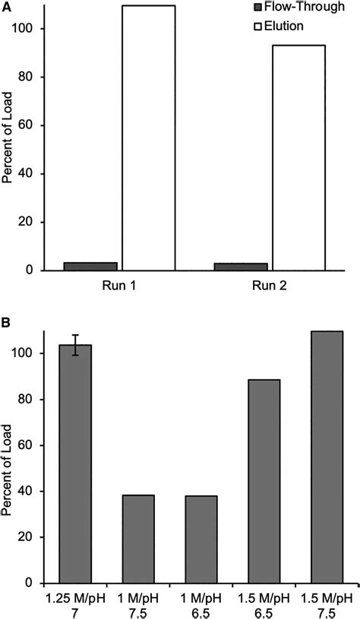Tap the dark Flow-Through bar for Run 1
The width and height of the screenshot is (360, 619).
pos(90,267)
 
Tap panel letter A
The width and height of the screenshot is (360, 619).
pos(7,7)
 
